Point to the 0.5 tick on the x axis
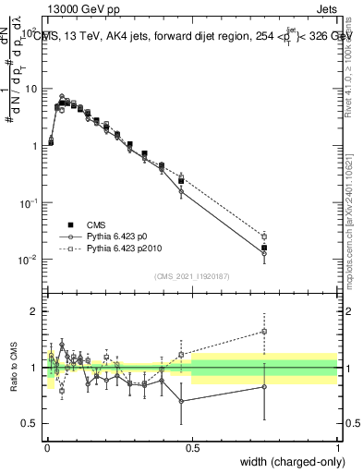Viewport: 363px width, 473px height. [192, 447]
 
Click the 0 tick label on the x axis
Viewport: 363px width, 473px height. [47, 447]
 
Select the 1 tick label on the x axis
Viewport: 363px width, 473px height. [337, 447]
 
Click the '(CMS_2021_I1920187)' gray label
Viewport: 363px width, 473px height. [191, 275]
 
